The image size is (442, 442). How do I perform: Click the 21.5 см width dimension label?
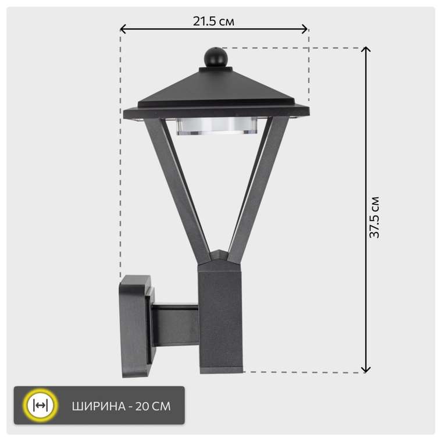213,22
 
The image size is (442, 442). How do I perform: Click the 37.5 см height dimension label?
375,217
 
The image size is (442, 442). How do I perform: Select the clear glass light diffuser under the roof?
216,126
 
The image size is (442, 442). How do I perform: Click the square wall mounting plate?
136,326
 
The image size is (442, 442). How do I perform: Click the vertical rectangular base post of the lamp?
220,317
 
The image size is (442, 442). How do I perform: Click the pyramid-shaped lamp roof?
216,87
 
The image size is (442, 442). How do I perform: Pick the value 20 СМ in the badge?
153,406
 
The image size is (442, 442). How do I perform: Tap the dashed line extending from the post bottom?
302,372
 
